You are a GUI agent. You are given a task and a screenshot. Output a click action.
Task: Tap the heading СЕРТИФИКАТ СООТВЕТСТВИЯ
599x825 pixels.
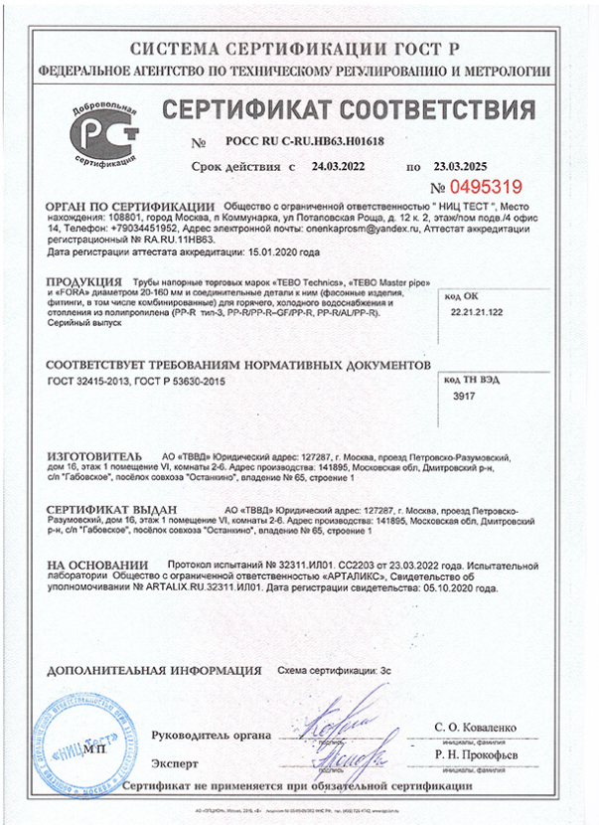(x=348, y=108)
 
